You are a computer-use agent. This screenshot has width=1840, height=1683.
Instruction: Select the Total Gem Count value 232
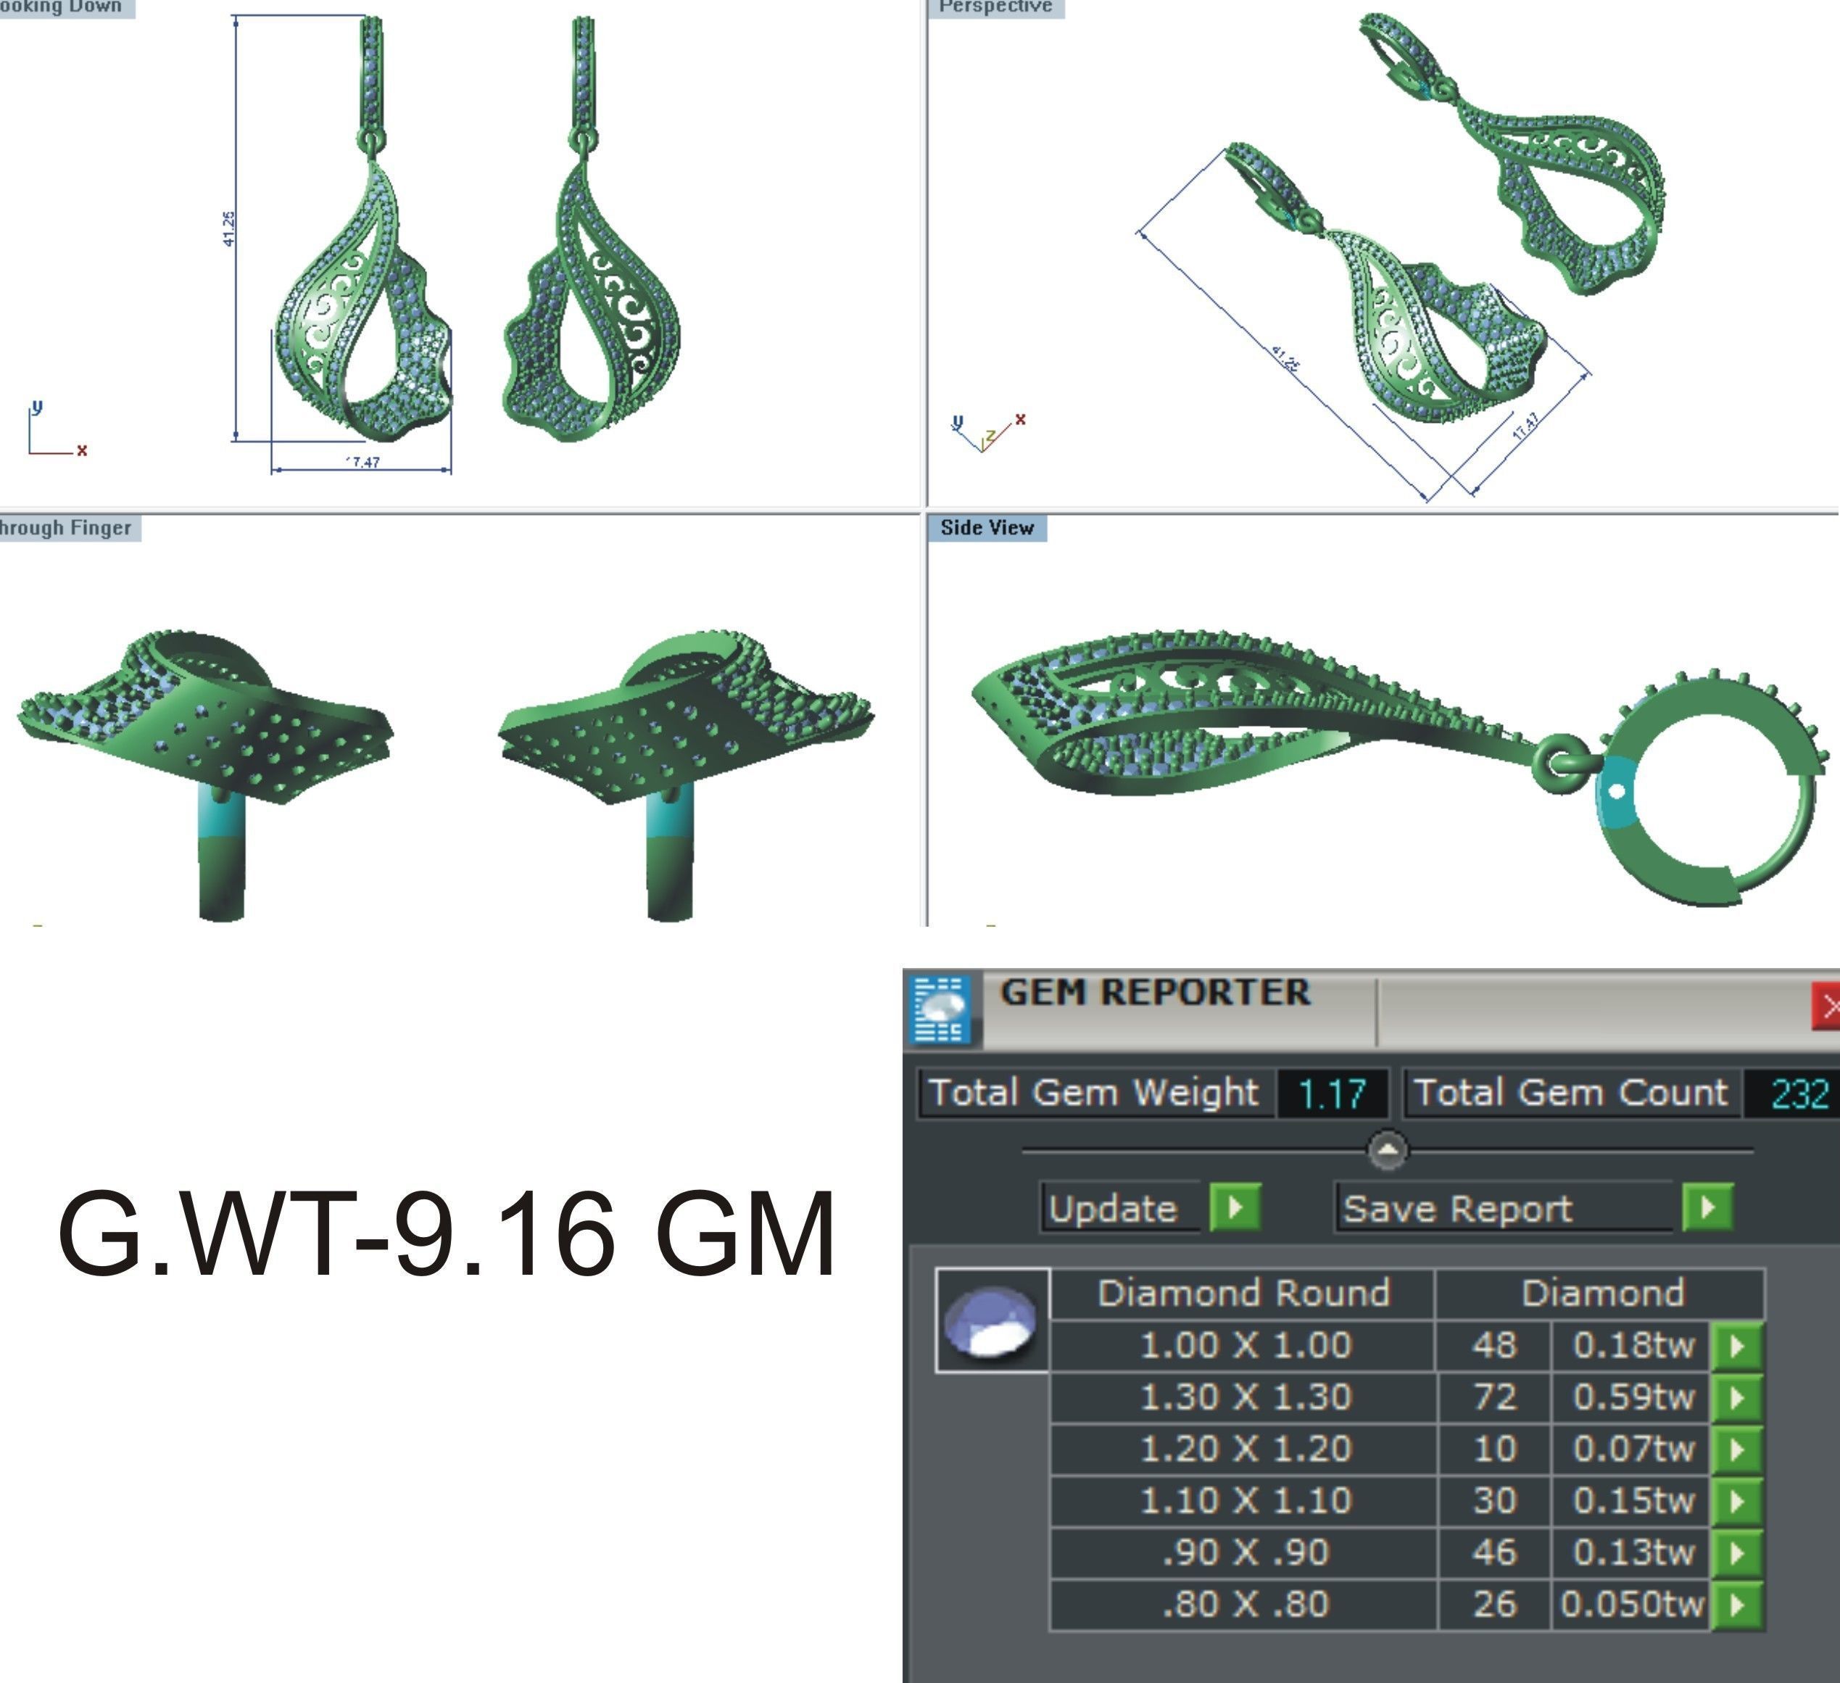point(1799,1093)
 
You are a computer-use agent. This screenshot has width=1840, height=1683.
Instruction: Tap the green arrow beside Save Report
point(1707,1207)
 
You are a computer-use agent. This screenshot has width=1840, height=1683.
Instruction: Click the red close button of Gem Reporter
point(1826,1006)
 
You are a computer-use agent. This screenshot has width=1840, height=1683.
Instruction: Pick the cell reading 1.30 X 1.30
point(1245,1397)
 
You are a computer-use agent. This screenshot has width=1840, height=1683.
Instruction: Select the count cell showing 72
point(1494,1397)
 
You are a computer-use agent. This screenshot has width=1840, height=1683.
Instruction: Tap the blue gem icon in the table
point(991,1320)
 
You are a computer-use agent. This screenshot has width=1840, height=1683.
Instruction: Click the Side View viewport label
point(987,528)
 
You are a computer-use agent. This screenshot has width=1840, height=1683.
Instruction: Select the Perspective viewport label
point(995,7)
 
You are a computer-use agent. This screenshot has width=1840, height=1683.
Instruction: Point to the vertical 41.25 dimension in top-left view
point(229,228)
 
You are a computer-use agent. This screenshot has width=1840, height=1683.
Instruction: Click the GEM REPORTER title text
point(1155,993)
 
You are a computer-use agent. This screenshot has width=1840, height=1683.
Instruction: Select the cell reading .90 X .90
point(1245,1552)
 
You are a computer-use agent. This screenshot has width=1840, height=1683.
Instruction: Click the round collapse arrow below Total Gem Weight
point(1388,1150)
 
